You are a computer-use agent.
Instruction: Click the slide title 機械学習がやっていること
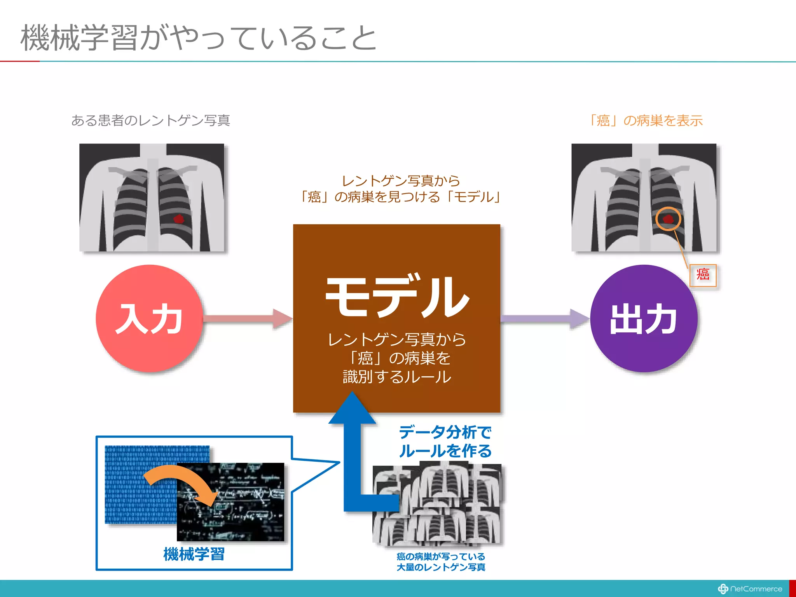198,38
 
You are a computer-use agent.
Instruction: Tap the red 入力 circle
149,318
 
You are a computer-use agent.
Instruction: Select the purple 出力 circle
644,318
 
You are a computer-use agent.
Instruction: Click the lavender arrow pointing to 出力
544,318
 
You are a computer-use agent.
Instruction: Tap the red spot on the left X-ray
178,219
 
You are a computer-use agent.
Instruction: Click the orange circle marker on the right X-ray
668,219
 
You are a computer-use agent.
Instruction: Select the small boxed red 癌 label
703,275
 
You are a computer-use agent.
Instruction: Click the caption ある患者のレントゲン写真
151,120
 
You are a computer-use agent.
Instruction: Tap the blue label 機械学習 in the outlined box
194,554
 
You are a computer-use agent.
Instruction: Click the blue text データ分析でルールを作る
445,442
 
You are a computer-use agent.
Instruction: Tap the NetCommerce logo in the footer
750,589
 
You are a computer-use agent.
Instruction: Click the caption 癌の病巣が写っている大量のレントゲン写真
441,562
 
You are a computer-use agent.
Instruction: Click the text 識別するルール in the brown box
397,377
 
